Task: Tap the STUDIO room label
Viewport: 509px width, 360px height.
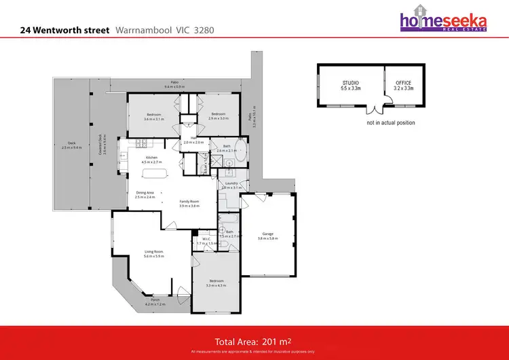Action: click(x=350, y=86)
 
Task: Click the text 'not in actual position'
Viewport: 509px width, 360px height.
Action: click(x=390, y=123)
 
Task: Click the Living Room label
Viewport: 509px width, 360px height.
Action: click(x=153, y=253)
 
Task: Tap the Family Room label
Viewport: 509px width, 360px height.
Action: click(x=189, y=203)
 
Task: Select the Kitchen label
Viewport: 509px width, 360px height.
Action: click(x=151, y=160)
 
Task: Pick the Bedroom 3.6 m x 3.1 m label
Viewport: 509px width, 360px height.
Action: click(x=154, y=116)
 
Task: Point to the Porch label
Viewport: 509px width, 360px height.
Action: click(x=155, y=302)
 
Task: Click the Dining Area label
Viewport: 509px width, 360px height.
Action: click(x=145, y=194)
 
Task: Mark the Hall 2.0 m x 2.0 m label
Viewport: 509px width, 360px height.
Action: click(x=193, y=140)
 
